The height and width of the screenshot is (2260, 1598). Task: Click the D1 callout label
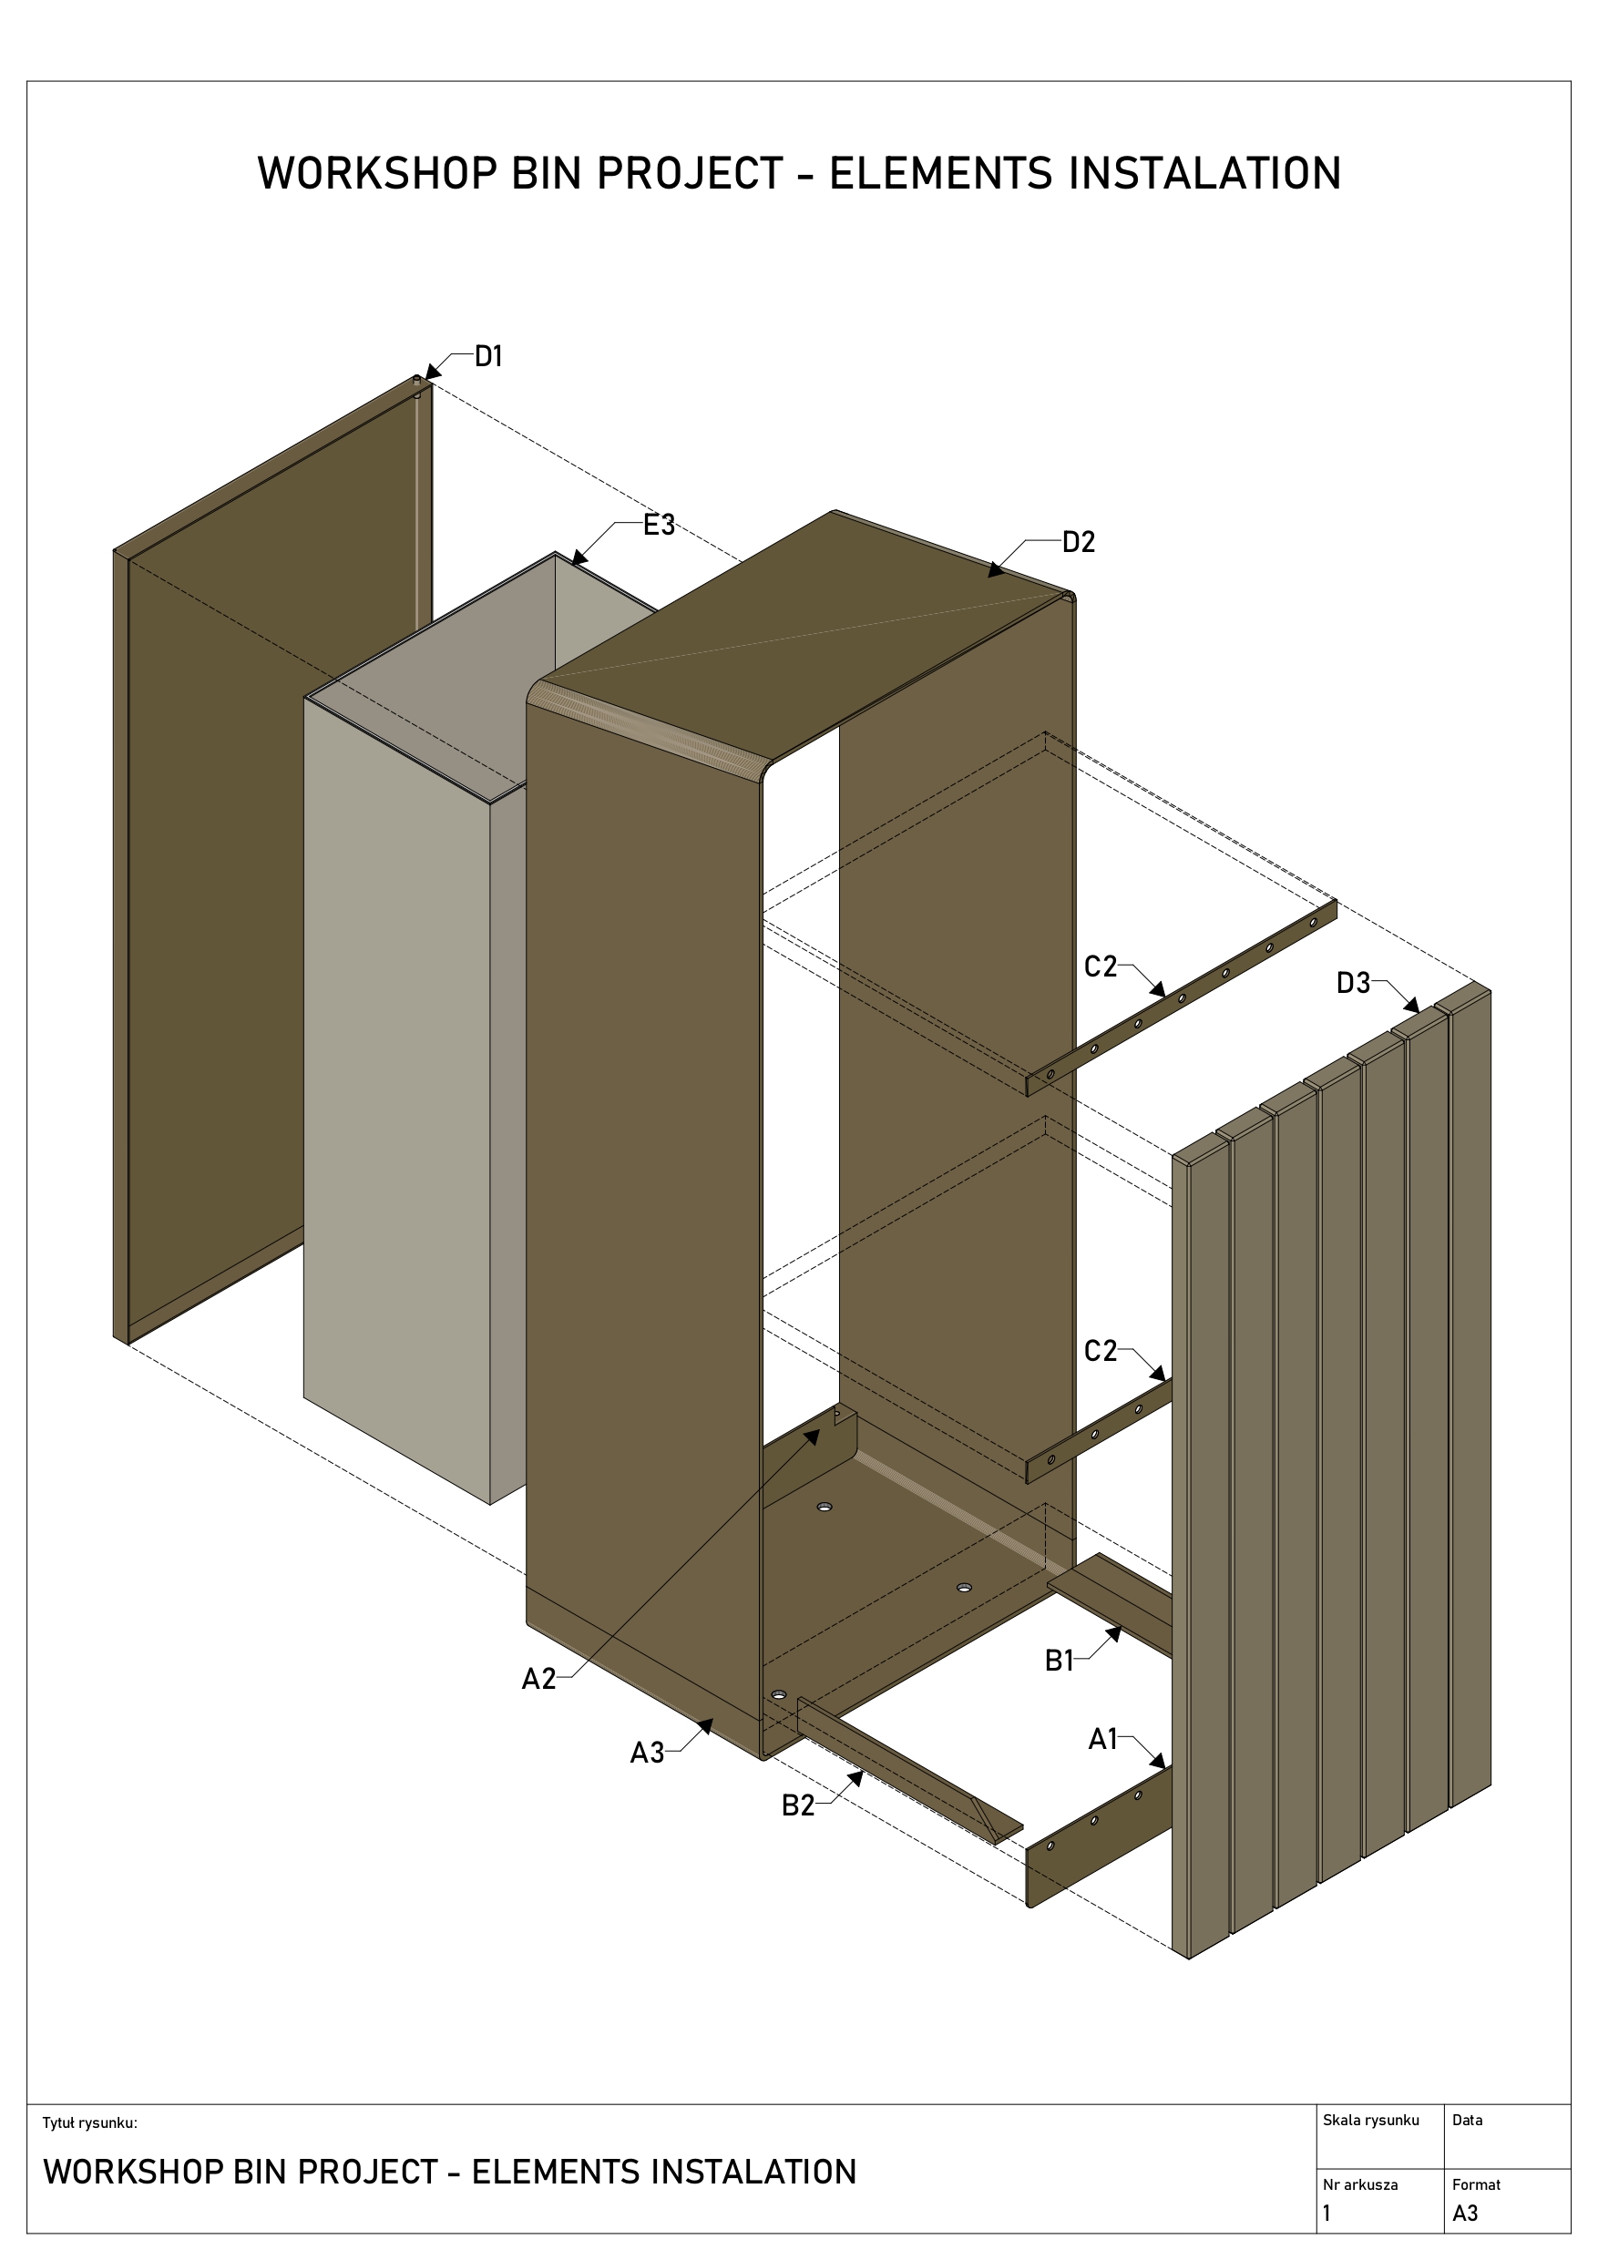(488, 356)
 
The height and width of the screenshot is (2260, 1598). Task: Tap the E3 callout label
(659, 525)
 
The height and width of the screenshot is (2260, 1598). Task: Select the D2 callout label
(1078, 542)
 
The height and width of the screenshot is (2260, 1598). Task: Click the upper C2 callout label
(1100, 966)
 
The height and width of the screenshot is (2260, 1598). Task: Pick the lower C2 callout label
(1100, 1351)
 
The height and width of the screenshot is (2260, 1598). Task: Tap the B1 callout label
(1059, 1662)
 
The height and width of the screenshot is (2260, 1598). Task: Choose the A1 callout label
(1101, 1739)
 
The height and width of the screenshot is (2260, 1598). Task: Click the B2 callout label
(797, 1805)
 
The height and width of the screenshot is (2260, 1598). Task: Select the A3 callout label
(647, 1754)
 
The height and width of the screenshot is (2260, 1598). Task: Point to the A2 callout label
(538, 1679)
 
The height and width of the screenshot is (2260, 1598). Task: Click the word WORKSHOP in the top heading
(377, 173)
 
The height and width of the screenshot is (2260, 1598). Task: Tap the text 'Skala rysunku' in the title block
(1370, 2121)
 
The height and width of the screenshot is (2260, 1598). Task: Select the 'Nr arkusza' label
(1359, 2184)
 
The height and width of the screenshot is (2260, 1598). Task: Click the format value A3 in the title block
(1465, 2214)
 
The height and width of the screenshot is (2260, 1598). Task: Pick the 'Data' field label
(1467, 2121)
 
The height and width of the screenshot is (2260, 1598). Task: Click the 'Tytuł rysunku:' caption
(89, 2123)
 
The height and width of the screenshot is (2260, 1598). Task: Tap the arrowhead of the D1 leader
(434, 370)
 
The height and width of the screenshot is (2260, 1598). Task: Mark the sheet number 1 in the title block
(1327, 2214)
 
